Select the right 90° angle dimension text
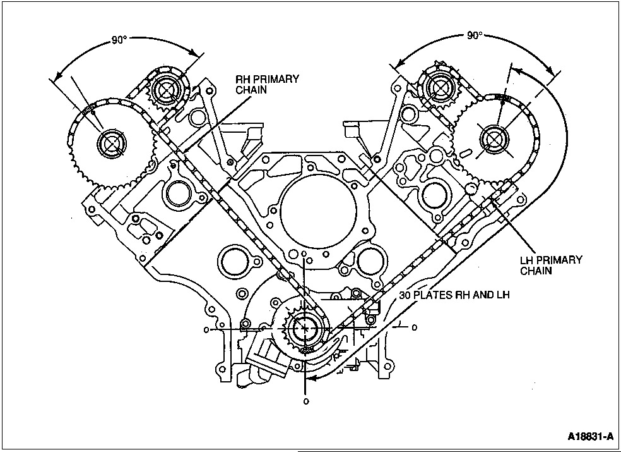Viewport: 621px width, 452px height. pos(475,36)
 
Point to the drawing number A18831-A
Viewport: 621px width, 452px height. pos(590,437)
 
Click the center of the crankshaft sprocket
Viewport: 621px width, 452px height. pos(306,328)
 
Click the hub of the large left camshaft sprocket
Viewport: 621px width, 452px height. pos(112,144)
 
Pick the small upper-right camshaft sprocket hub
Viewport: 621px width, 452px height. pos(437,87)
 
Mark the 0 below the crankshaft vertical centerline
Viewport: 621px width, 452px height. pos(306,401)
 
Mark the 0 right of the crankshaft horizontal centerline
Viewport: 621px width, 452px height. pos(414,327)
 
